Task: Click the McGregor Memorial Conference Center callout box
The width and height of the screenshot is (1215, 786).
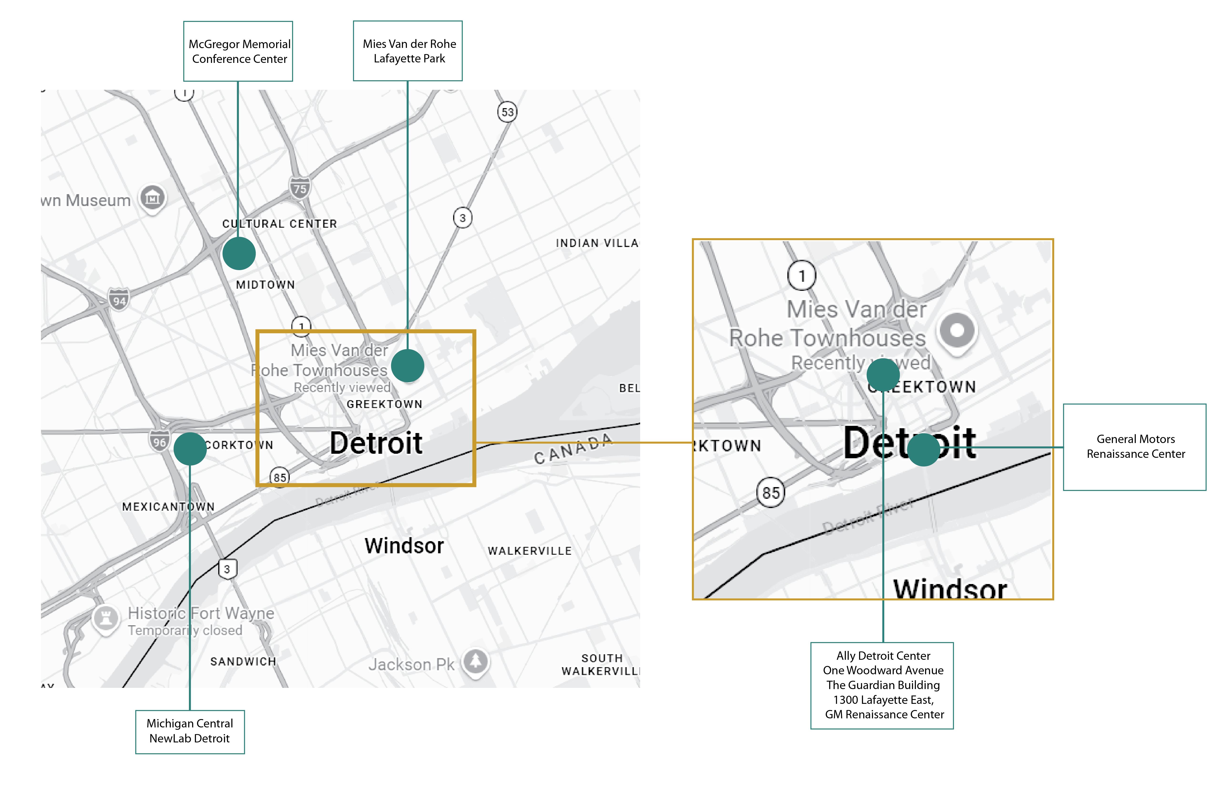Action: [238, 51]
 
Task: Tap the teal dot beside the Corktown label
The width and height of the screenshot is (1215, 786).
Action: [190, 449]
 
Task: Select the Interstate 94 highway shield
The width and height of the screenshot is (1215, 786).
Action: [119, 300]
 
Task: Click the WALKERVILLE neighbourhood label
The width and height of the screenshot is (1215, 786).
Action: [529, 551]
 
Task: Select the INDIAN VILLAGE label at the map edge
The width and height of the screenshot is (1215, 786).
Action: [597, 243]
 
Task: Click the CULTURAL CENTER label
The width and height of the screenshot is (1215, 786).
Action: [279, 224]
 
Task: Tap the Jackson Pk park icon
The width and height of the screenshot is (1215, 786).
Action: [475, 662]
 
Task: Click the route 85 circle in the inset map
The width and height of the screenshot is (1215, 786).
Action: [770, 493]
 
